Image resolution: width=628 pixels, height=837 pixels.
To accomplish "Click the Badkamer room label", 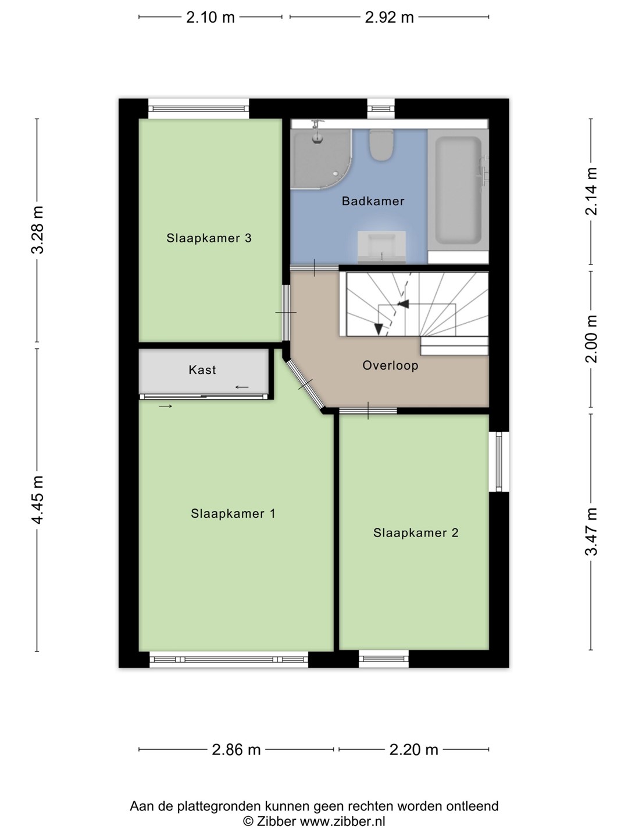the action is [x=373, y=201].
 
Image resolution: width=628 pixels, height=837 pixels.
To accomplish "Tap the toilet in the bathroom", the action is [x=381, y=145].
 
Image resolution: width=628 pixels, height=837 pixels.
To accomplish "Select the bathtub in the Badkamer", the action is [x=458, y=190].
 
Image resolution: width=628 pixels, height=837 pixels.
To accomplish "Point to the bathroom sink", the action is [x=381, y=246].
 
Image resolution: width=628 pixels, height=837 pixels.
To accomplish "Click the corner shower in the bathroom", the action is [x=320, y=158].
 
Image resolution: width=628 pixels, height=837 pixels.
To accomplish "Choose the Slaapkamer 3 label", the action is [x=209, y=238].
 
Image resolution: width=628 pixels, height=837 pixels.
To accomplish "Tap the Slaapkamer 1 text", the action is [x=233, y=514].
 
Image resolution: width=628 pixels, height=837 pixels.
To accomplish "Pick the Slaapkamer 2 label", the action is [x=416, y=532].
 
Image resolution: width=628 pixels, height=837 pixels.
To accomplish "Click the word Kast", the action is [x=202, y=370].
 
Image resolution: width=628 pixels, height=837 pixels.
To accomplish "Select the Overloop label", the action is [x=390, y=365].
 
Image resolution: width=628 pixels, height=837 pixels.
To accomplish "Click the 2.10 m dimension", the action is [x=210, y=17].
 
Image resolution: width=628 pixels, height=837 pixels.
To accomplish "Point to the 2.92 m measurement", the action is [x=389, y=17].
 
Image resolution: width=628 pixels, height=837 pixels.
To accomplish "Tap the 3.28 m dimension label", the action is [x=37, y=230].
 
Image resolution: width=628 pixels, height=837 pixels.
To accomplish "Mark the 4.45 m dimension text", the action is [x=37, y=500].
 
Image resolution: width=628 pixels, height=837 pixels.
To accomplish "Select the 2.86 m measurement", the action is [x=236, y=750].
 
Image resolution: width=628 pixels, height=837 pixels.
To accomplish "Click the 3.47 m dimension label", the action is [x=591, y=532].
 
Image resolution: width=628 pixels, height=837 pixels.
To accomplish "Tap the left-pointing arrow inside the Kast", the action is [x=242, y=387].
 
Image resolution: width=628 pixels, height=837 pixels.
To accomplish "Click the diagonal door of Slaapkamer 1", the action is [x=305, y=384].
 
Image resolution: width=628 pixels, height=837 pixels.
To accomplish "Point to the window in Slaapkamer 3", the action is [x=198, y=109].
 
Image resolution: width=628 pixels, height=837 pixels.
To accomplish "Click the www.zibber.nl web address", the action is [x=342, y=821].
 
